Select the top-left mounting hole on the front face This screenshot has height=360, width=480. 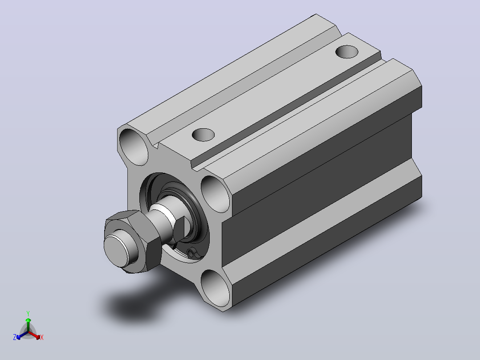coord(134,147)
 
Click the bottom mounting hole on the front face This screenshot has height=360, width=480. coord(215,288)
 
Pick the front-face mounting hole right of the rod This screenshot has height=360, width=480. coord(215,194)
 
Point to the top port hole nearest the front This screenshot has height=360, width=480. coord(203,135)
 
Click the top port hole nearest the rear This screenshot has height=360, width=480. coord(347,52)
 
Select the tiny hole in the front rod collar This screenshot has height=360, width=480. coord(191,254)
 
